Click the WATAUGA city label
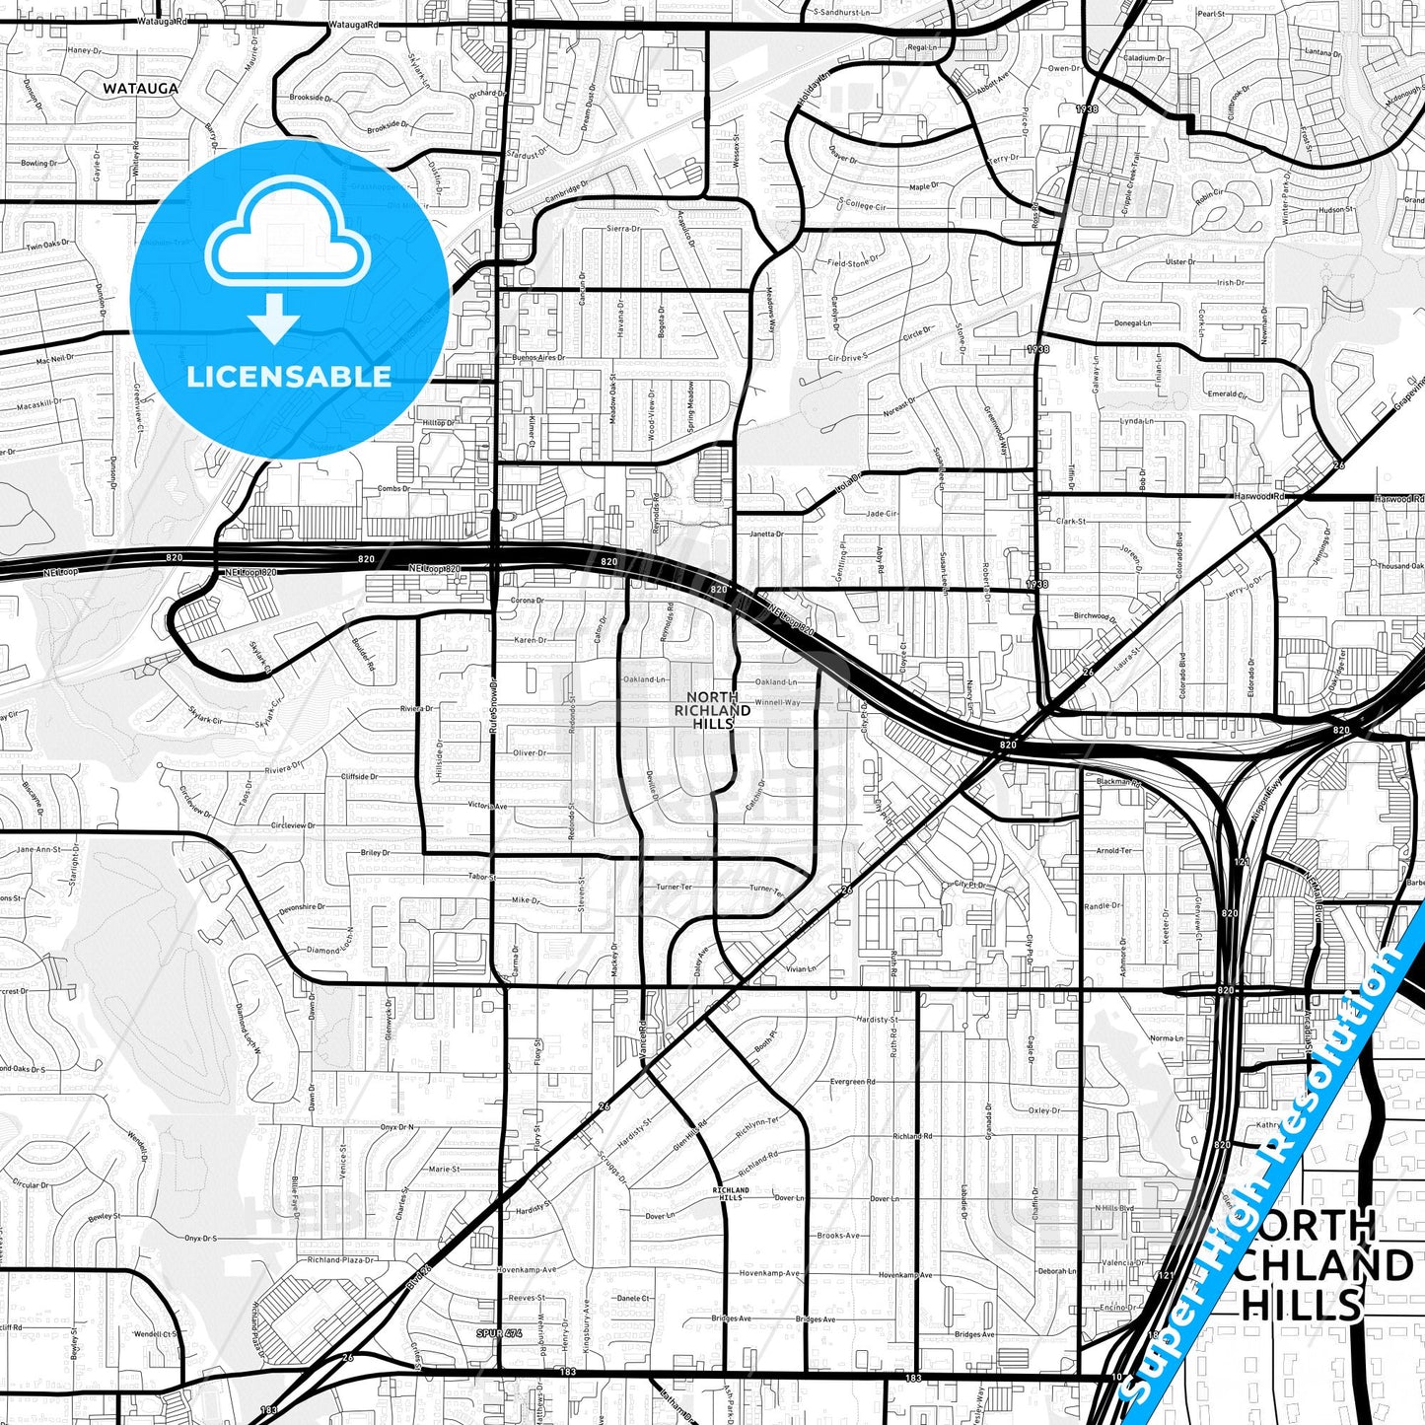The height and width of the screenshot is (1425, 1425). coord(141,88)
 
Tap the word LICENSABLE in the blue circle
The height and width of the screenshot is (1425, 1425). coord(289,376)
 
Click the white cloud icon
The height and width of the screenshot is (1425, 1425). coord(287,243)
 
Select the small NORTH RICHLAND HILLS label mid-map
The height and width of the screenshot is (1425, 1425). coord(713,710)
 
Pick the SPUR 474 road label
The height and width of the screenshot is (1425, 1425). coord(498,1333)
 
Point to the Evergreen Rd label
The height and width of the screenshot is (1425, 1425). coord(851,1082)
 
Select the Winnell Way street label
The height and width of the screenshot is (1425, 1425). coord(778,702)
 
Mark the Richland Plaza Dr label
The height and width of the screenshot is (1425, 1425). coord(340,1260)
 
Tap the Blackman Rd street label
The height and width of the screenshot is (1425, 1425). coord(1118,782)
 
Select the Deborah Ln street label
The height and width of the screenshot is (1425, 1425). coord(1057,1271)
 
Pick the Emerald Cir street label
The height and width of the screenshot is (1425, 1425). coord(1228,394)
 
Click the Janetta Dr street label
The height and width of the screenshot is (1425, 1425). coord(765,534)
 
